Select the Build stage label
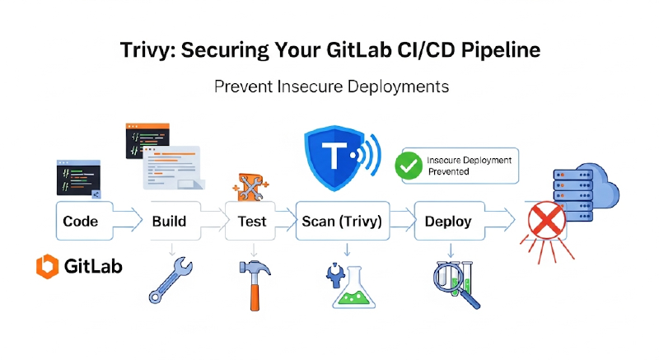coord(169,221)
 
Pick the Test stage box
coord(252,221)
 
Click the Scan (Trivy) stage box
coord(341,221)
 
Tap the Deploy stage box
coord(448,221)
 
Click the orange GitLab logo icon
coord(46,266)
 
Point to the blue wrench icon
coord(171,280)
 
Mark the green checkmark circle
coord(408,166)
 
